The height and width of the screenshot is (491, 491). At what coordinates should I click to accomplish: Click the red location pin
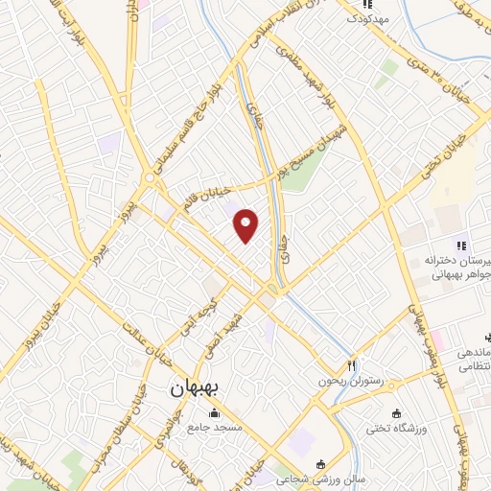click(246, 225)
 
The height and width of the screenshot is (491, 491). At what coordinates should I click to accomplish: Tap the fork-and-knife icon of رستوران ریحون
click(351, 365)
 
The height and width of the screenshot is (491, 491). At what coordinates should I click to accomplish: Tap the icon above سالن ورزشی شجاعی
click(320, 464)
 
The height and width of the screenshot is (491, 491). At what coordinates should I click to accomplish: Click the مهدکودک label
click(367, 18)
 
